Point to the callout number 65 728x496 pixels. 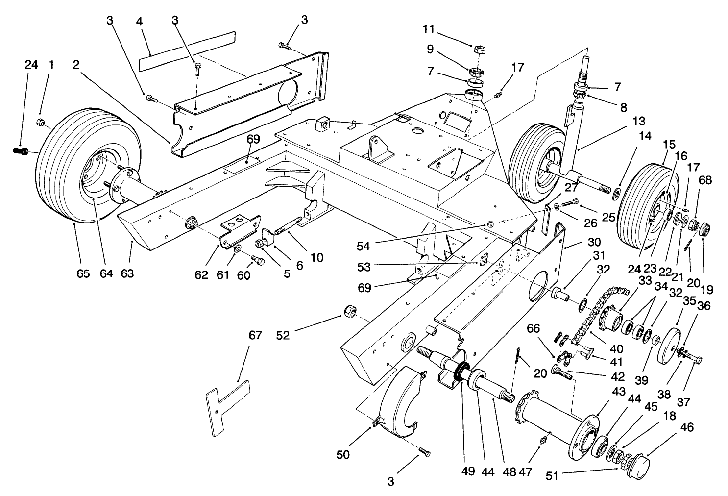click(83, 273)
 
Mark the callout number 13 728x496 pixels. click(625, 121)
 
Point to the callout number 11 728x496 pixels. click(429, 29)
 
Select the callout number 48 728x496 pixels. click(509, 471)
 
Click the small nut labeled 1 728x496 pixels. click(41, 122)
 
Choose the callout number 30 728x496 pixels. click(594, 242)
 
